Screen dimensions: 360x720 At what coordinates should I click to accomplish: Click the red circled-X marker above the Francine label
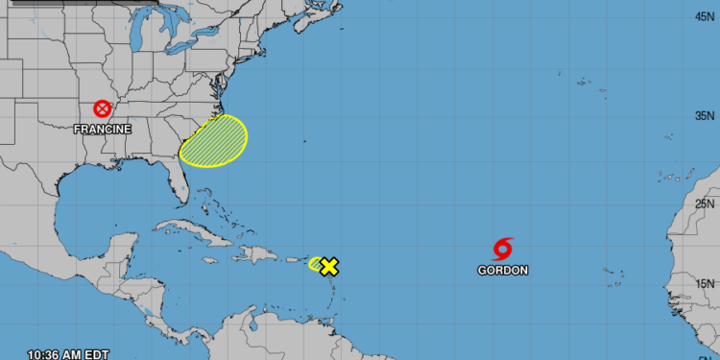(x=102, y=109)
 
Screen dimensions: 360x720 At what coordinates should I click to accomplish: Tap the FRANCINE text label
(x=104, y=128)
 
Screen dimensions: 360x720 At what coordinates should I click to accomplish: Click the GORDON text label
(x=503, y=271)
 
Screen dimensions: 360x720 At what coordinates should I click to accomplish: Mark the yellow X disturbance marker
(x=329, y=266)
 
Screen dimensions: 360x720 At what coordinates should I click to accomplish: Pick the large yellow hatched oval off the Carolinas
(x=214, y=140)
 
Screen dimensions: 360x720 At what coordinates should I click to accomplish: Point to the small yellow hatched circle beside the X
(x=316, y=263)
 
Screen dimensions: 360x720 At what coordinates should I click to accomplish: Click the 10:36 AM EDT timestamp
(x=68, y=354)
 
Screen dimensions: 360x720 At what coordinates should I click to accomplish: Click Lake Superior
(x=115, y=10)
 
